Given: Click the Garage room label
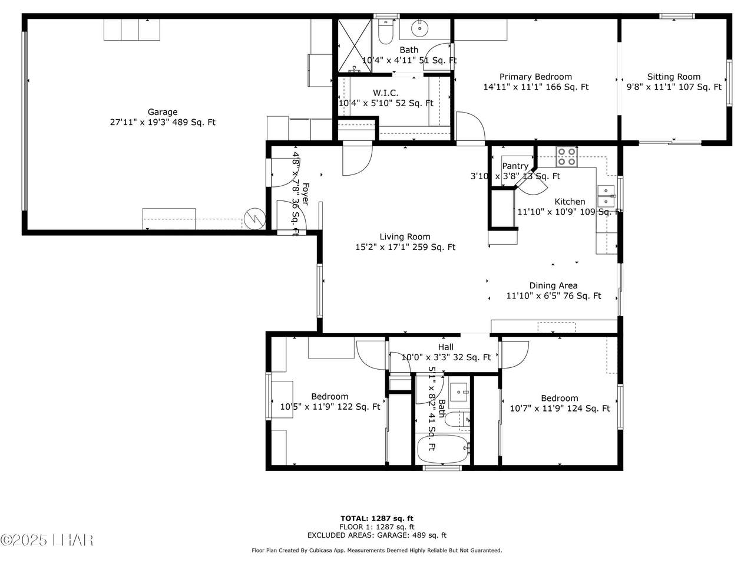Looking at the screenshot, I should pyautogui.click(x=163, y=112).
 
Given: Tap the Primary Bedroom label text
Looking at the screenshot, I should pyautogui.click(x=535, y=77).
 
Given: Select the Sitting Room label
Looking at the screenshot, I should pyautogui.click(x=674, y=77).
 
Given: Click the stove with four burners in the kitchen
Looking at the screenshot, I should pyautogui.click(x=567, y=156).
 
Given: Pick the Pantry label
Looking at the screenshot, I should pyautogui.click(x=515, y=166).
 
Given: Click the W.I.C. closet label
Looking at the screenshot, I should pyautogui.click(x=385, y=93).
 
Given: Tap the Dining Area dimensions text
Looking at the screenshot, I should pyautogui.click(x=553, y=296).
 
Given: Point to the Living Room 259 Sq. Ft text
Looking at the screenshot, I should pyautogui.click(x=405, y=248).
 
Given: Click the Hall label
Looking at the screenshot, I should pyautogui.click(x=446, y=347).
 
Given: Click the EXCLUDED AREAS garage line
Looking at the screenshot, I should pyautogui.click(x=376, y=535).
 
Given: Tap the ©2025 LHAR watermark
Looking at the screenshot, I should pyautogui.click(x=47, y=539).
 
